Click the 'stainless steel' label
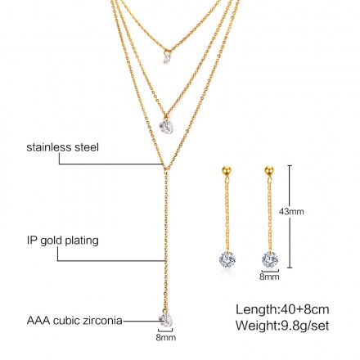[62, 147]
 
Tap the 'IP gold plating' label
[62, 241]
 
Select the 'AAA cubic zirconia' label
[74, 320]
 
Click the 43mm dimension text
[291, 211]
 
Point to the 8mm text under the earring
[269, 277]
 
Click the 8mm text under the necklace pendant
[166, 337]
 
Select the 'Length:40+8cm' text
[282, 309]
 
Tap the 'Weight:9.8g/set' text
[282, 326]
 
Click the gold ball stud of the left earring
[227, 170]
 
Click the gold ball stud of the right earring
[269, 170]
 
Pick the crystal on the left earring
[227, 259]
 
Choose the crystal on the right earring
[270, 259]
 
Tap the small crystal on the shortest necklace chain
[166, 58]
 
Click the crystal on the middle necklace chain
[166, 126]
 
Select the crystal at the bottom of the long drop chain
[166, 320]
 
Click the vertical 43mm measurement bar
[290, 217]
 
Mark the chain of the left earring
[227, 214]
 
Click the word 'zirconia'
[106, 320]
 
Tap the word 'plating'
[83, 241]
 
